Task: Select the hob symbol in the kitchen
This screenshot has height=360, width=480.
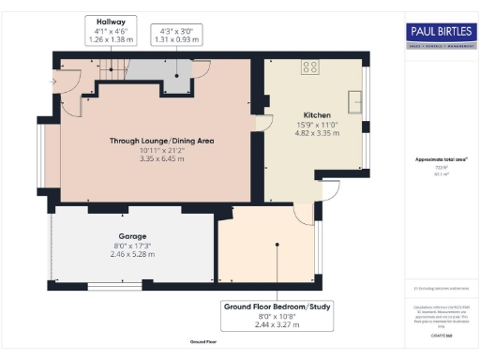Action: click(307, 66)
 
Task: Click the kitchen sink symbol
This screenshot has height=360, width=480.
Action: click(356, 98)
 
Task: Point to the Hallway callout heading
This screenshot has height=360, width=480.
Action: click(110, 20)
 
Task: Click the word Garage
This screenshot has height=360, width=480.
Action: click(132, 236)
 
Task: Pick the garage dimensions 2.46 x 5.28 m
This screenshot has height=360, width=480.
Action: click(132, 254)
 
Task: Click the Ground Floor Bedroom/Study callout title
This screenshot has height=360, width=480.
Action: click(277, 307)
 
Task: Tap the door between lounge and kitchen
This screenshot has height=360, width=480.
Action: click(258, 120)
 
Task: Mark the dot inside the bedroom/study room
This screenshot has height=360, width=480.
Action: click(277, 246)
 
